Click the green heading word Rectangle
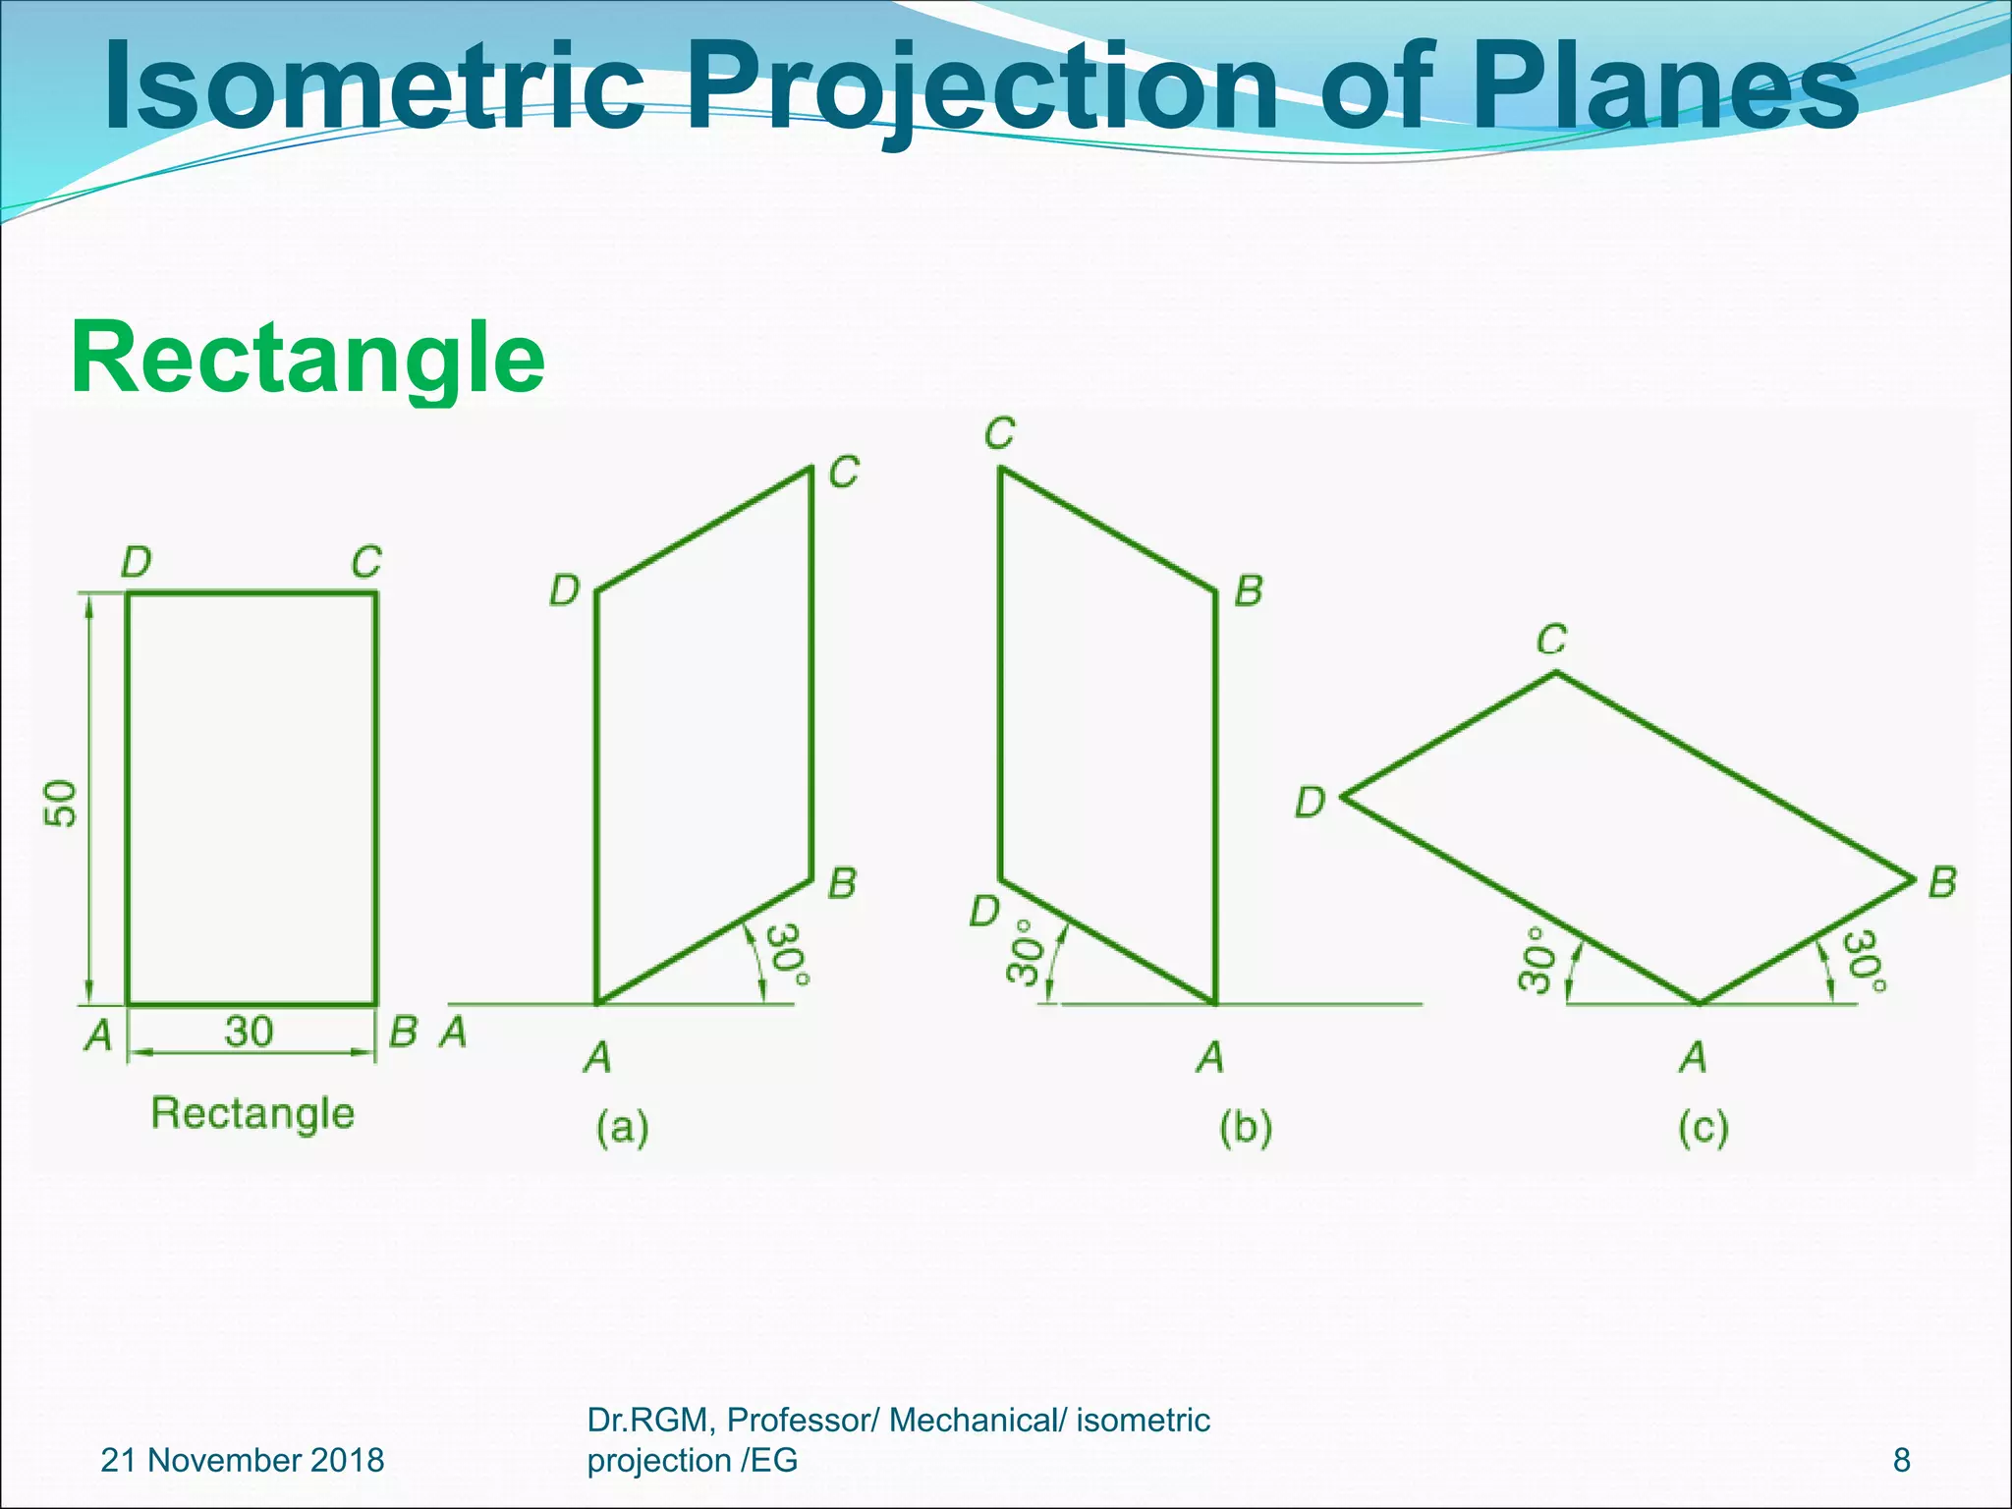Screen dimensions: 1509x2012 [x=307, y=359]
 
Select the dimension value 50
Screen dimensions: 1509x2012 [x=61, y=803]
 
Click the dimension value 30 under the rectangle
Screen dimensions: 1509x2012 [x=249, y=1032]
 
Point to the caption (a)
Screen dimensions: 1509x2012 [x=623, y=1128]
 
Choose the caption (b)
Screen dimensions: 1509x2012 [x=1246, y=1128]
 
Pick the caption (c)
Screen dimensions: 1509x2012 [x=1703, y=1128]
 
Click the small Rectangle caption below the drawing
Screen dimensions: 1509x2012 [x=252, y=1114]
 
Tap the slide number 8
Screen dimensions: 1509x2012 [x=1902, y=1460]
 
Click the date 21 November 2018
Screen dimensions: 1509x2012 [x=243, y=1460]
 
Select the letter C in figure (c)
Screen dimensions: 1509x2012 [x=1551, y=641]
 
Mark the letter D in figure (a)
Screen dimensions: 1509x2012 [x=564, y=591]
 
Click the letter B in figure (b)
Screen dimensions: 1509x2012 [x=1248, y=591]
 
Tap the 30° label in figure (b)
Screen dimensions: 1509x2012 [x=1024, y=951]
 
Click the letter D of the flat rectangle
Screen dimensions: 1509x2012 [x=136, y=563]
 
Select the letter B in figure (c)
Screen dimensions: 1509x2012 [x=1942, y=882]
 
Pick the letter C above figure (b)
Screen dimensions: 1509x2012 [x=999, y=433]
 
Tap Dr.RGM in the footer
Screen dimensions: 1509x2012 [x=651, y=1420]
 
